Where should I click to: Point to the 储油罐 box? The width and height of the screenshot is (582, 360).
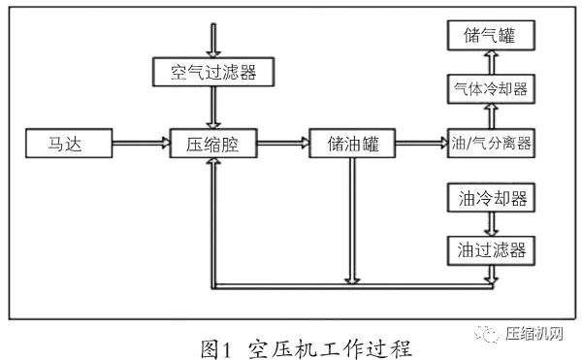click(352, 146)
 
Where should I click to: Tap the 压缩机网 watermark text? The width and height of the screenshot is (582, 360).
click(534, 335)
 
